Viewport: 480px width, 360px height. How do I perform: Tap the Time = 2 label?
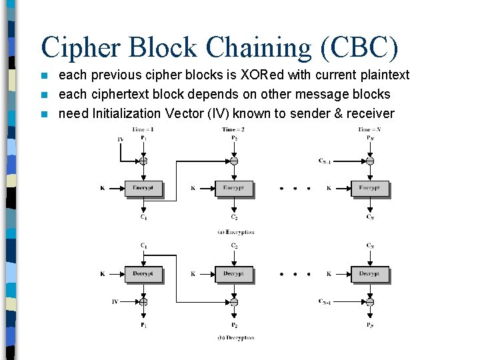pos(233,129)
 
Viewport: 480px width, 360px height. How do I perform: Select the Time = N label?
pos(369,129)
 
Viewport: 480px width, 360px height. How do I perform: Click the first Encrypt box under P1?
pos(143,188)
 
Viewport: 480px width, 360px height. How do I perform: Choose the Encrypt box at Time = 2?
pos(233,188)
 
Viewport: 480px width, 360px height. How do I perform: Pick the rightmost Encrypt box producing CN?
pos(369,188)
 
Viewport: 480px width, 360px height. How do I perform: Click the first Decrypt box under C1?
pos(143,273)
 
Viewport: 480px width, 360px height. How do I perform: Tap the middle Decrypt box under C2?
pos(233,273)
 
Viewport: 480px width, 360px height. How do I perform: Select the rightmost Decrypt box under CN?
pos(369,273)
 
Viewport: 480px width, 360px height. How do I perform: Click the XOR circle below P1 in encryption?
pos(143,161)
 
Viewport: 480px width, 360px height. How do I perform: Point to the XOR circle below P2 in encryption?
pos(233,161)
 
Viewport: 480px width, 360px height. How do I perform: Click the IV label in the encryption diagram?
pos(120,139)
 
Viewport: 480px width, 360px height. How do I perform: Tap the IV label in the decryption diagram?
pos(115,302)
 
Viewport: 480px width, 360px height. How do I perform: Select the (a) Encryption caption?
pos(235,232)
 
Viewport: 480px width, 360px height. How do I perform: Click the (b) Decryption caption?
pos(235,338)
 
